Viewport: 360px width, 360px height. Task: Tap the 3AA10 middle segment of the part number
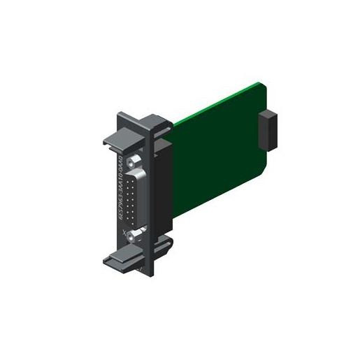120,189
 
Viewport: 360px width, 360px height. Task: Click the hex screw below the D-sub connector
136,236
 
